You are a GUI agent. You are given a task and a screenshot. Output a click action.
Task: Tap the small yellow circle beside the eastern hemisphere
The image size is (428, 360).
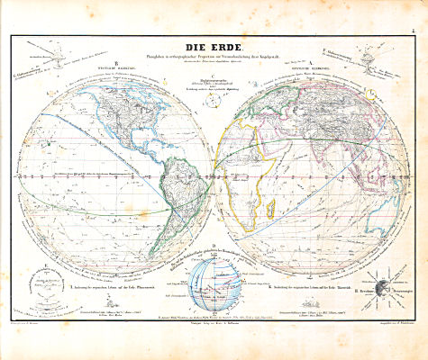click(372, 93)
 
